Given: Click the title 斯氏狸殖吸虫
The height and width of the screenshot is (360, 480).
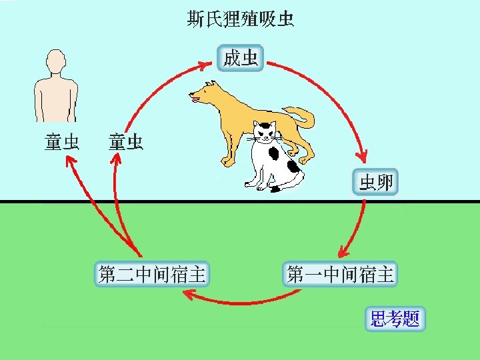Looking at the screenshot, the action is pos(240,19).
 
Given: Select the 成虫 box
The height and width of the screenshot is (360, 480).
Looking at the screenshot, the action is pos(241,58).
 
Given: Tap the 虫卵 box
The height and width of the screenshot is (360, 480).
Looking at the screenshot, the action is pos(376,182).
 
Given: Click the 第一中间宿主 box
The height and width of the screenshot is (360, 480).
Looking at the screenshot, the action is pos(341,274).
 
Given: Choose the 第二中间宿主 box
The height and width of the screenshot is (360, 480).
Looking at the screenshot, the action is pos(152,274).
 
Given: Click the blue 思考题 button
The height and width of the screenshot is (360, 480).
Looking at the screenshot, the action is pos(396,319).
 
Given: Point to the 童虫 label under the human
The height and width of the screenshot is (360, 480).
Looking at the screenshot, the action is pos(62,142).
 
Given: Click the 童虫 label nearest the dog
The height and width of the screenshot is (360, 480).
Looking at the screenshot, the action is pos(125,142).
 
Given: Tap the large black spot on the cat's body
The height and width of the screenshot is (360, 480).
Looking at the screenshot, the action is pos(274,153).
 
